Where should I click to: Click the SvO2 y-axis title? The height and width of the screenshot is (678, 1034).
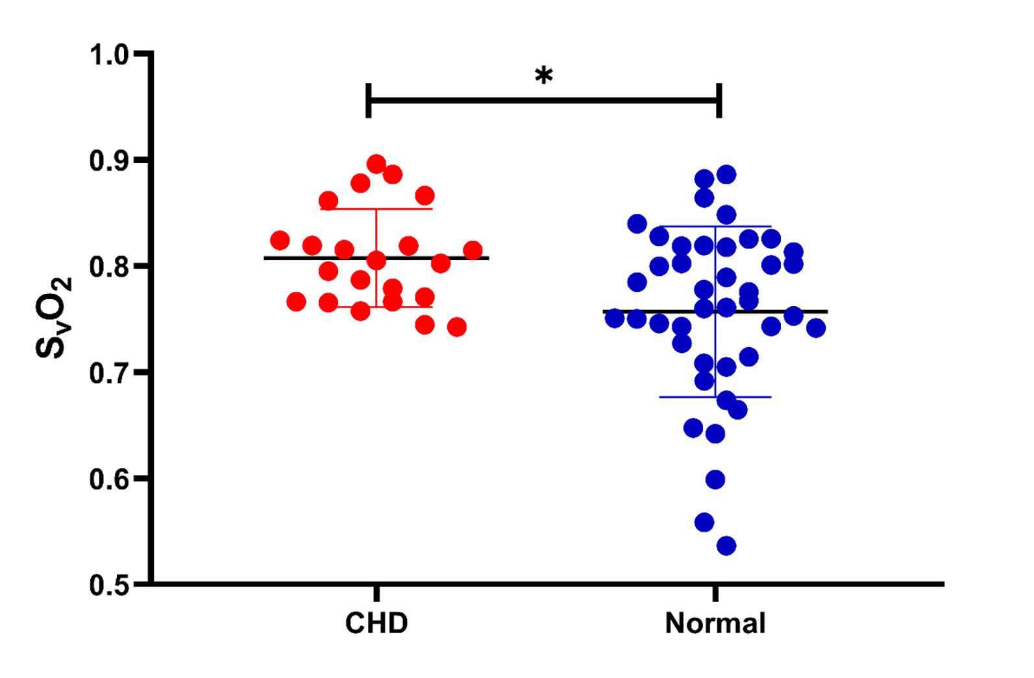pyautogui.click(x=53, y=318)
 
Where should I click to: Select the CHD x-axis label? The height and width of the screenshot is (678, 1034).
pyautogui.click(x=376, y=624)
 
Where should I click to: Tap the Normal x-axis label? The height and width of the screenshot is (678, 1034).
pyautogui.click(x=715, y=624)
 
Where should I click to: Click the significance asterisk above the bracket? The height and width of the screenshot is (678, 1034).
pyautogui.click(x=544, y=75)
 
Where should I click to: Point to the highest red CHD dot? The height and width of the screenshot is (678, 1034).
pyautogui.click(x=376, y=165)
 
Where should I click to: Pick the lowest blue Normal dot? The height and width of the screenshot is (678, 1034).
pyautogui.click(x=726, y=546)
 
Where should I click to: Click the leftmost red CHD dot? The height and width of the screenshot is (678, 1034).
pyautogui.click(x=280, y=241)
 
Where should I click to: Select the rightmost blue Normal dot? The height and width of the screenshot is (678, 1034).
pyautogui.click(x=816, y=328)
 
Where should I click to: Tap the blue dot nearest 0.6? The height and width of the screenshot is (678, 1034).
pyautogui.click(x=715, y=480)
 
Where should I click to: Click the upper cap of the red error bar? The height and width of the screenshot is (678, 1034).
pyautogui.click(x=376, y=209)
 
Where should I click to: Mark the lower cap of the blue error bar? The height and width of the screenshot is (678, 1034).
pyautogui.click(x=715, y=396)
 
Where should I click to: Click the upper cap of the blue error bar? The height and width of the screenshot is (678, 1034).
pyautogui.click(x=715, y=226)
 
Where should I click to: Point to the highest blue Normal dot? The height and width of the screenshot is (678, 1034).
pyautogui.click(x=726, y=175)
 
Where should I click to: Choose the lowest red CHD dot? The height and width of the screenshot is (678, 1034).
pyautogui.click(x=457, y=327)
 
